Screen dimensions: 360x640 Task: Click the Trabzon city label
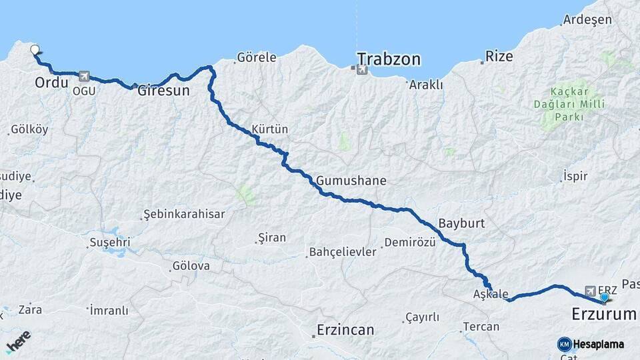coord(389,59)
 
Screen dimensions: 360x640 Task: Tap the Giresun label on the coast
coord(164,91)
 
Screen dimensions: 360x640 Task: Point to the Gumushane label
coord(351,181)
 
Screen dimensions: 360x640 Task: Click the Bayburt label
coord(461,223)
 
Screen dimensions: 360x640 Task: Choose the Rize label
coord(499,56)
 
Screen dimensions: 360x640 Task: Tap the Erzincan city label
coord(345,330)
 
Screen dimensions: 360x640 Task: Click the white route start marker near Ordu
coord(35,49)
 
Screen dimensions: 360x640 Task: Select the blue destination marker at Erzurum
coord(604,297)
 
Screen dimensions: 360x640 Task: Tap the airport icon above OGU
coord(83,77)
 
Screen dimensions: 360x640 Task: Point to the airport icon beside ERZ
coord(589,291)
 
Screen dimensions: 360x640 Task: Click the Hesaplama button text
coord(598,345)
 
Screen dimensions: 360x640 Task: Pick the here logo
coord(18,341)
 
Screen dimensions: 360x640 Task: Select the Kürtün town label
coord(269,129)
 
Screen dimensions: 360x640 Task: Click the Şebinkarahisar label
coord(184,215)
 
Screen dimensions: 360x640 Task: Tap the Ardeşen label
coord(587,19)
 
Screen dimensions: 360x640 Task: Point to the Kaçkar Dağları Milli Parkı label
coord(568,103)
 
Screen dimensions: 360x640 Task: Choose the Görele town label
coord(257,57)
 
